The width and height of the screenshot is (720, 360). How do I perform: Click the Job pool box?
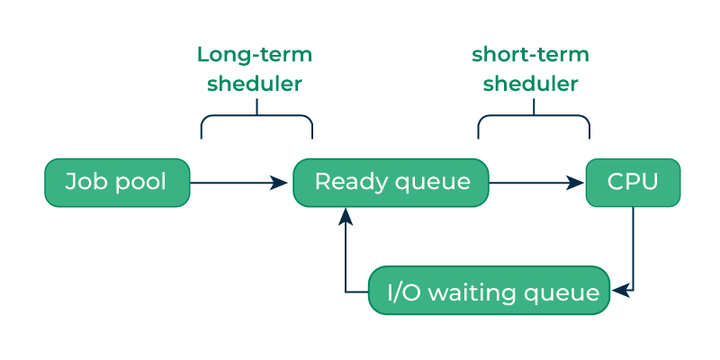pyautogui.click(x=117, y=183)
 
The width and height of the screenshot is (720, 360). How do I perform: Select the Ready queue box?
pyautogui.click(x=391, y=183)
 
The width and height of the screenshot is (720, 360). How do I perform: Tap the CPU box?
pyautogui.click(x=633, y=183)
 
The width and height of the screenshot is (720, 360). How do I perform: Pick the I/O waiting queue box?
pyautogui.click(x=490, y=291)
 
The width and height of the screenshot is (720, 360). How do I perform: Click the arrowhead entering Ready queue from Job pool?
pyautogui.click(x=281, y=183)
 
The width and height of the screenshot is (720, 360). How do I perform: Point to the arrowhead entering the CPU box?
pyautogui.click(x=577, y=183)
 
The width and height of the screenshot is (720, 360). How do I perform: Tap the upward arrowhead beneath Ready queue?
pyautogui.click(x=346, y=216)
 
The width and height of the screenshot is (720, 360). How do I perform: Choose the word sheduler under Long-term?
pyautogui.click(x=254, y=84)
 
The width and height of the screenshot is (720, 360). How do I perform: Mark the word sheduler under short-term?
pyautogui.click(x=530, y=84)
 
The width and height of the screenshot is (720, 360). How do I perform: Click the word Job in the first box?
pyautogui.click(x=82, y=182)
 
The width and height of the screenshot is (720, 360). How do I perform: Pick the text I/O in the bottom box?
pyautogui.click(x=403, y=292)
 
